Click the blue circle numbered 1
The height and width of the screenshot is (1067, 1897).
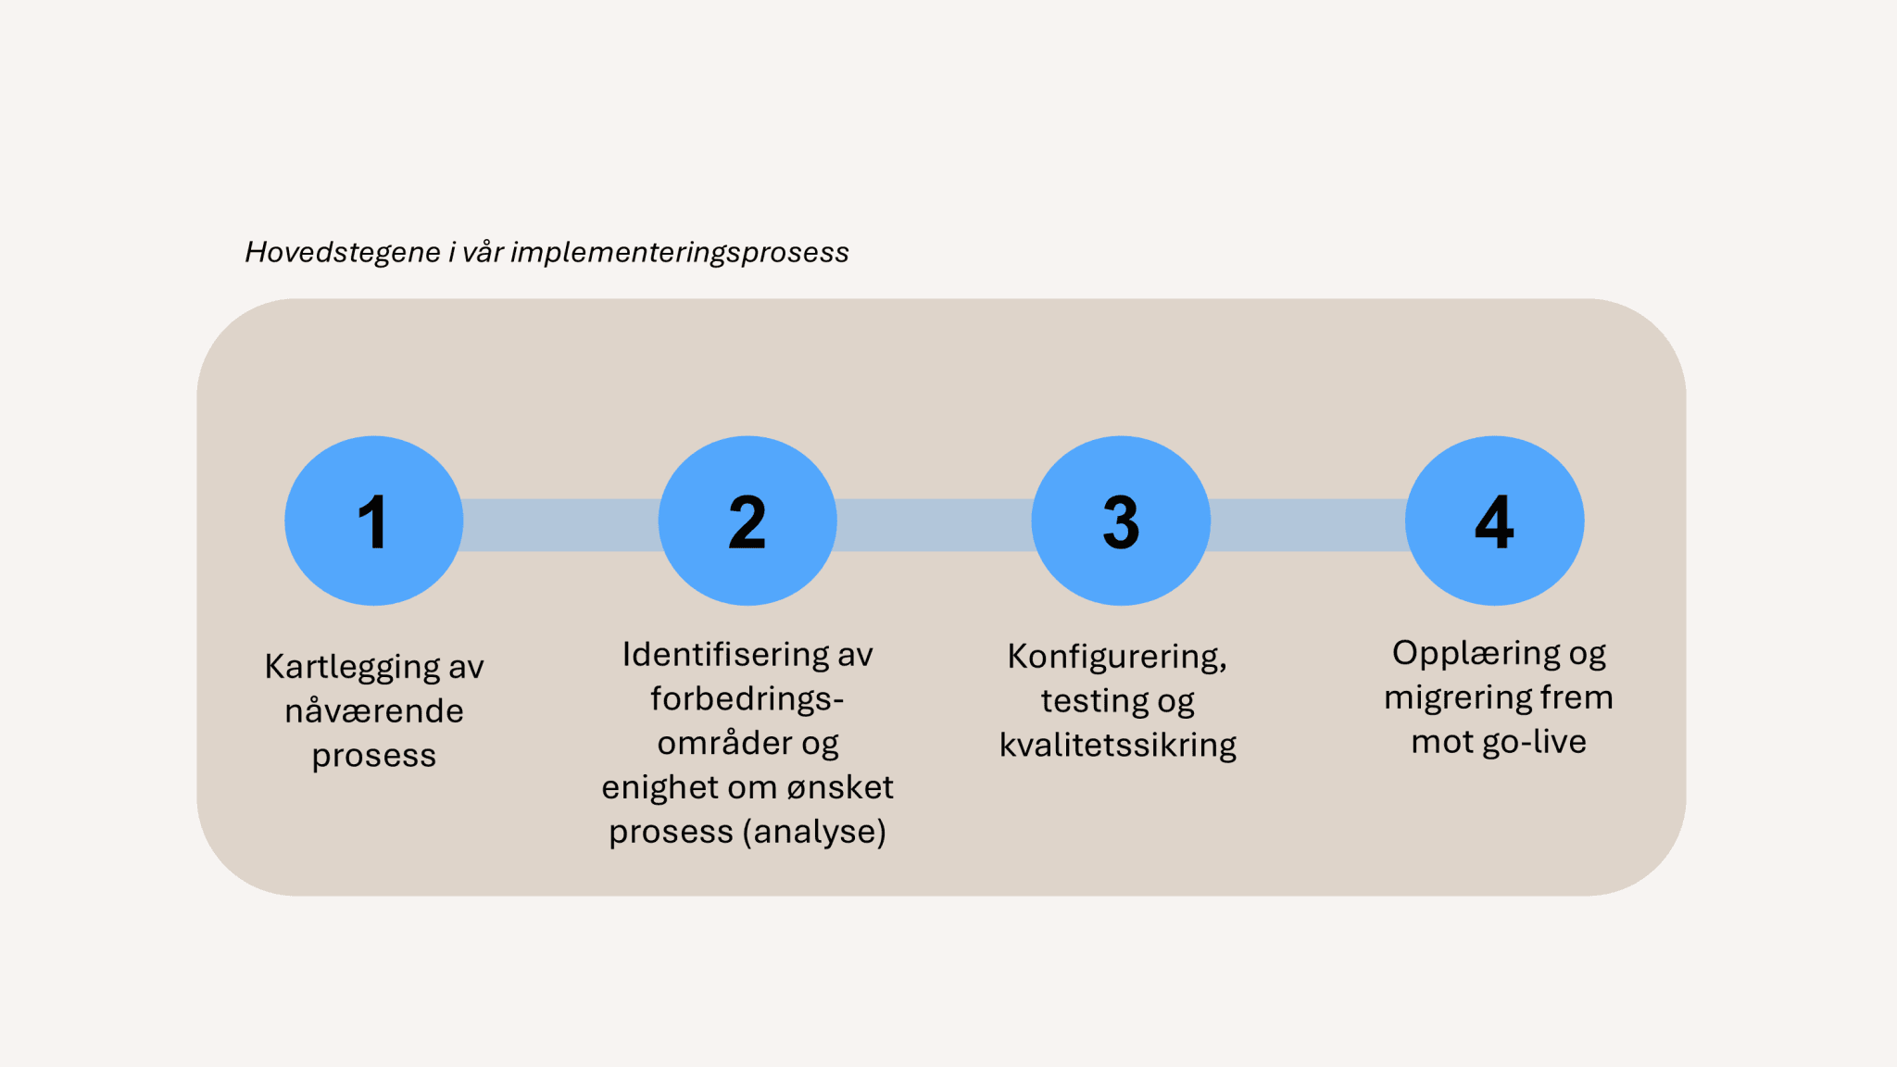click(x=373, y=521)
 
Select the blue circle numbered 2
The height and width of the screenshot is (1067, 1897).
click(x=747, y=521)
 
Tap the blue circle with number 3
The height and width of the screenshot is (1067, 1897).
click(x=1121, y=521)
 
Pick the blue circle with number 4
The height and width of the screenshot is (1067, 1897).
click(x=1494, y=521)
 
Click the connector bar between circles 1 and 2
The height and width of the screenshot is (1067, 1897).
click(x=560, y=525)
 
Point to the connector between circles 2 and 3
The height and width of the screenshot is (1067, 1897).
click(x=934, y=525)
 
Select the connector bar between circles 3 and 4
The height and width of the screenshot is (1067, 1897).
click(x=1307, y=525)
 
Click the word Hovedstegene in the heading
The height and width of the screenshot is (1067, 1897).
click(x=342, y=252)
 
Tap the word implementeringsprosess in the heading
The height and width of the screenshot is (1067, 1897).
click(x=679, y=252)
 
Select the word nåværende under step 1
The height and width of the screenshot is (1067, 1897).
click(x=373, y=711)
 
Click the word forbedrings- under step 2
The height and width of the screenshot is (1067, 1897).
click(x=747, y=698)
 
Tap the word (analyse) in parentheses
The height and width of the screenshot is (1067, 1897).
click(x=814, y=832)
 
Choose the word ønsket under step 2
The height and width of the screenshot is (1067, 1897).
click(x=839, y=787)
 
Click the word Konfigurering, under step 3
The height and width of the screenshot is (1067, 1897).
click(x=1117, y=657)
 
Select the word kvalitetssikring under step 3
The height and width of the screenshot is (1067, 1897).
click(x=1117, y=745)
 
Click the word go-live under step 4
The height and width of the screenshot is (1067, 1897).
click(x=1534, y=742)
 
